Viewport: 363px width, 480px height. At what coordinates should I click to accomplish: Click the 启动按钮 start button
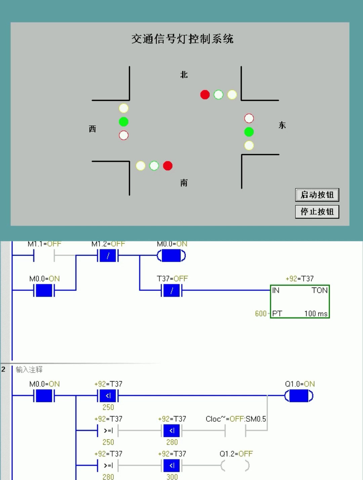[317, 195]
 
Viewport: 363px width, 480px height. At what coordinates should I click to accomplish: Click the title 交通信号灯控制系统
[182, 39]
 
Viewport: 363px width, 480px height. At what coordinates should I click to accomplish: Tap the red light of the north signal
[205, 95]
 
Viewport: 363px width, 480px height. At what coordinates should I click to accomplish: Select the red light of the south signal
[168, 166]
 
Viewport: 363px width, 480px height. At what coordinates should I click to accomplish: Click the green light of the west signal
[124, 122]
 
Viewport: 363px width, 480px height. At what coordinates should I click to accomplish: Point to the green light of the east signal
[249, 132]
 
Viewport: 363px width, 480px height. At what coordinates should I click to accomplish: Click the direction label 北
[184, 75]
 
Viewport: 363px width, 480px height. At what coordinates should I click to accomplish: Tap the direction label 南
[184, 183]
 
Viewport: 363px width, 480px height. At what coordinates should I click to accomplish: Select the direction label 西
[92, 129]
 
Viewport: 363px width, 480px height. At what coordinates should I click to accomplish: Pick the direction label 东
[282, 125]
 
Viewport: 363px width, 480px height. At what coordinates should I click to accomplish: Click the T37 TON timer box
[300, 301]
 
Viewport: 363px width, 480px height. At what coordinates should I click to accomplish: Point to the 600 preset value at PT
[260, 314]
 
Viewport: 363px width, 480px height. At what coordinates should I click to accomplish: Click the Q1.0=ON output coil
[299, 396]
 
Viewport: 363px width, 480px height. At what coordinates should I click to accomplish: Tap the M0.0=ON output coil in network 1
[171, 256]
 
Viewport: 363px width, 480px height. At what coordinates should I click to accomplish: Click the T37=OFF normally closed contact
[172, 291]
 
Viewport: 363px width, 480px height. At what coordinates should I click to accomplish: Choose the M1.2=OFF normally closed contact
[108, 256]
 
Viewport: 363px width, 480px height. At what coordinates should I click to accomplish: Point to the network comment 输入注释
[29, 370]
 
